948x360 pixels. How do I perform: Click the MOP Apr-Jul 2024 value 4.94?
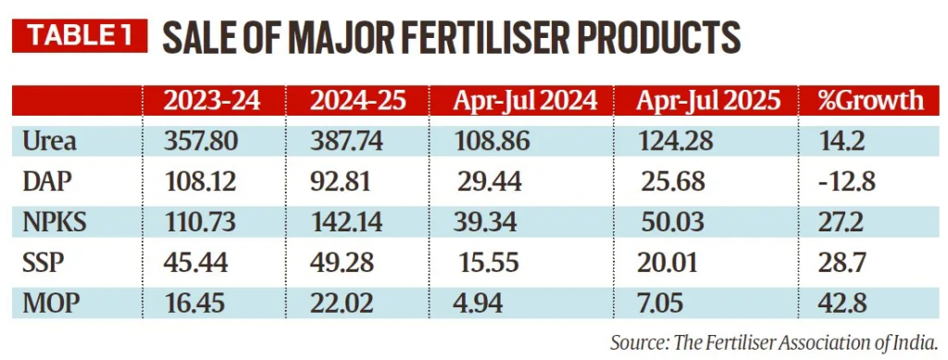482,301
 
